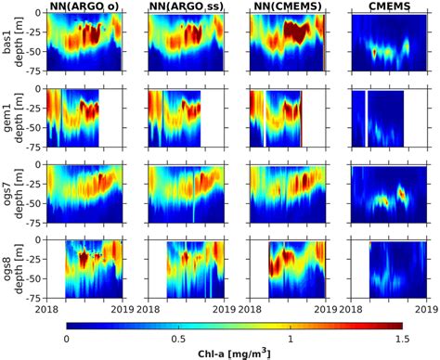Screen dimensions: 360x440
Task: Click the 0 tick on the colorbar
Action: (x=67, y=340)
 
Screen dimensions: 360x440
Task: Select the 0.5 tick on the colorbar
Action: (x=178, y=340)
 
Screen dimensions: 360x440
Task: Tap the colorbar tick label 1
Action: (x=291, y=340)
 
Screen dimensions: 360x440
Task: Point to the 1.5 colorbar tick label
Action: (x=401, y=340)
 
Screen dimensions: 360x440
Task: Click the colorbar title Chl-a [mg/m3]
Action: (x=234, y=354)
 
